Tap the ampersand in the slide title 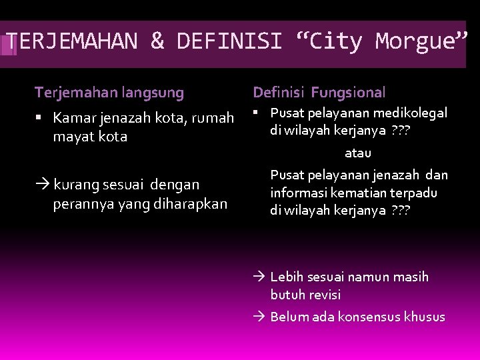157,41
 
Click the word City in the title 335,41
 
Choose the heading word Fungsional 348,92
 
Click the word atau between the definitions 358,153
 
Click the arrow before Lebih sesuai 261,277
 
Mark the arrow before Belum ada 261,317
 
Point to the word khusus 425,317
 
